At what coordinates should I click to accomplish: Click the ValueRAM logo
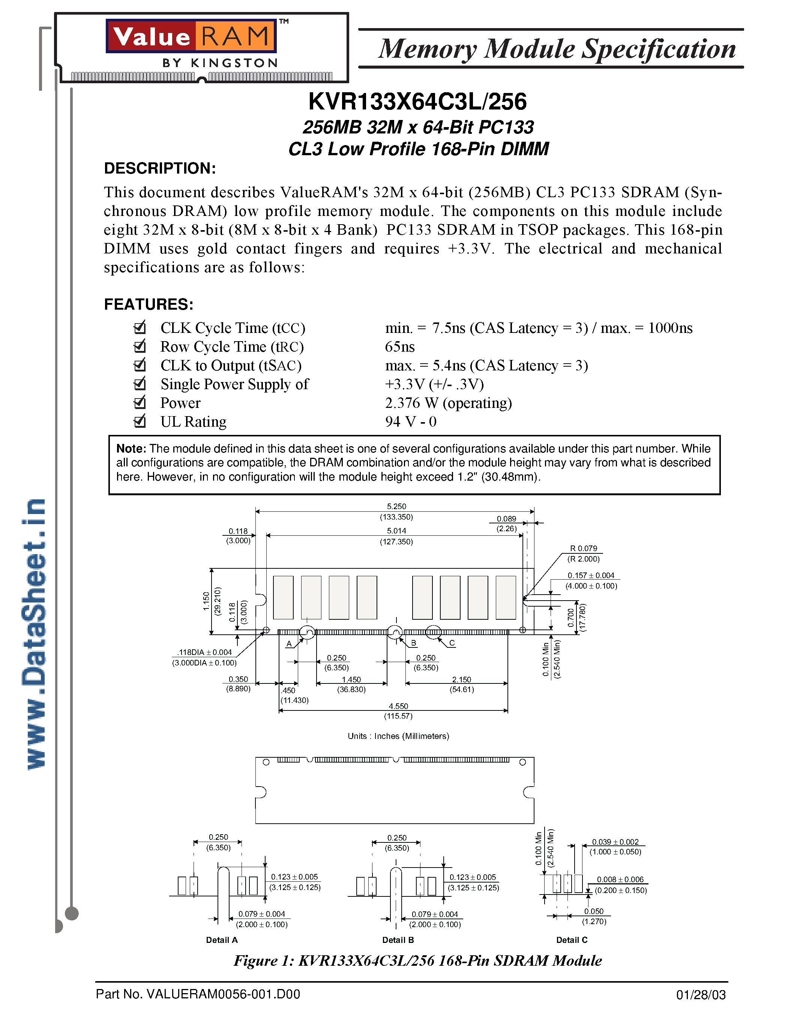pos(191,36)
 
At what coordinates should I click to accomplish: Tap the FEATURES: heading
pos(148,304)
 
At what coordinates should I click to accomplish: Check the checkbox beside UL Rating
pos(140,421)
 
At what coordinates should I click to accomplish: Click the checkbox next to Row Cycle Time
pos(140,346)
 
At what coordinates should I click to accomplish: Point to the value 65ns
pos(399,347)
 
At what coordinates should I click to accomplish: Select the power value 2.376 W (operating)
pos(448,403)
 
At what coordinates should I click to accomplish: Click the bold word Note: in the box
pos(131,448)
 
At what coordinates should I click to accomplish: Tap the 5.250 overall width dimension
pos(396,507)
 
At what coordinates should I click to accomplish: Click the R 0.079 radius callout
pos(584,548)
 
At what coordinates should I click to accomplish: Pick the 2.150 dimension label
pos(461,680)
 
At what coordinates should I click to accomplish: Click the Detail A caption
pos(221,940)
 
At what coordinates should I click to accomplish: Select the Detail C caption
pos(571,940)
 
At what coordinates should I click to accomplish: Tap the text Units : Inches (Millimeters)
pos(398,736)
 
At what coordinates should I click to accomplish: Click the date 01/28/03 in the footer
pos(700,995)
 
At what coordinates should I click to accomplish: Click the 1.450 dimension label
pos(351,680)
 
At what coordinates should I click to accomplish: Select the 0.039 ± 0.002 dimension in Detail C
pos(615,842)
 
